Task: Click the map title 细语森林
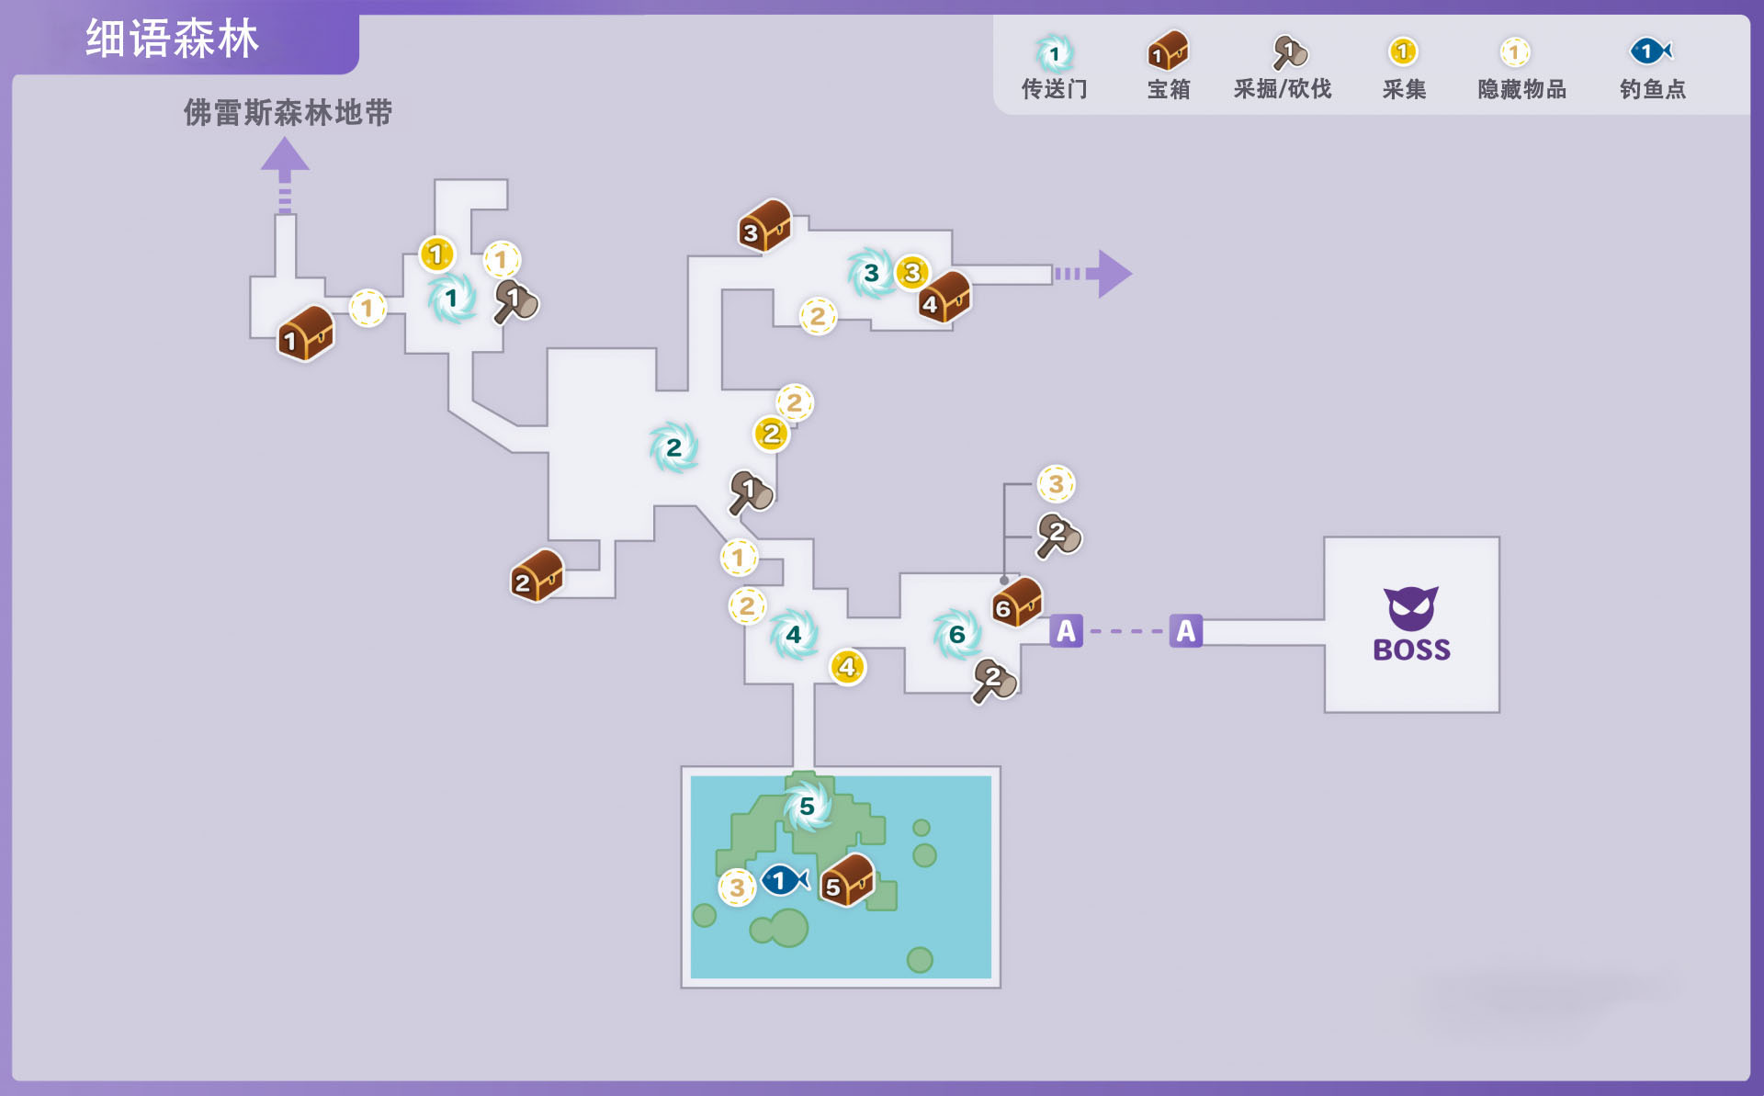click(x=172, y=39)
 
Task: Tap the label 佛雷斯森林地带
click(x=288, y=112)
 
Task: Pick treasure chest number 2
click(x=537, y=576)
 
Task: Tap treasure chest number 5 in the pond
click(x=846, y=880)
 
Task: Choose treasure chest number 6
click(x=1017, y=603)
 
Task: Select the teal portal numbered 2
click(x=673, y=447)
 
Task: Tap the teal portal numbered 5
click(x=807, y=806)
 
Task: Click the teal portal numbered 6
click(x=956, y=634)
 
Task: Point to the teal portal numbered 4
click(x=793, y=634)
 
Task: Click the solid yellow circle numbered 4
click(x=847, y=667)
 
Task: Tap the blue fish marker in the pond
click(x=784, y=880)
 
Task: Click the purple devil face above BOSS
click(x=1411, y=607)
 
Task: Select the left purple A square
click(x=1066, y=631)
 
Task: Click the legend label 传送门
click(x=1054, y=89)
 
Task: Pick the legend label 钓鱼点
click(x=1652, y=89)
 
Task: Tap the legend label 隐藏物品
click(x=1521, y=89)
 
